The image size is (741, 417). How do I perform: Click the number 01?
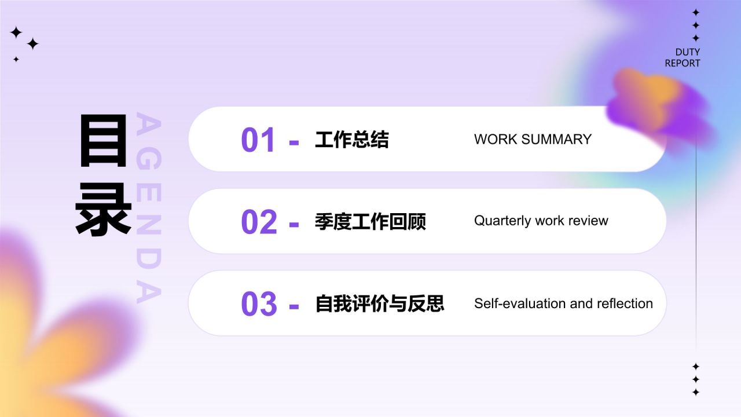pyautogui.click(x=259, y=140)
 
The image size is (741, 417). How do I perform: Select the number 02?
pyautogui.click(x=259, y=222)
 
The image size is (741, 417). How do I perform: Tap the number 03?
pyautogui.click(x=259, y=304)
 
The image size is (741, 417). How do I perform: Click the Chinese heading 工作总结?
pyautogui.click(x=351, y=140)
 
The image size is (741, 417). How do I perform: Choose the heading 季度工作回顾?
pyautogui.click(x=370, y=221)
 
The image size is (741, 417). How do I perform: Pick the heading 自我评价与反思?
pyautogui.click(x=379, y=303)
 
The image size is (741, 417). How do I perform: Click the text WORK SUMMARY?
pyautogui.click(x=533, y=140)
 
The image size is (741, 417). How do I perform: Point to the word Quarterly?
pyautogui.click(x=502, y=221)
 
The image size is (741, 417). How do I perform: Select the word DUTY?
pyautogui.click(x=687, y=52)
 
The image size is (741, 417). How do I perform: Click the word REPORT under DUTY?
pyautogui.click(x=682, y=63)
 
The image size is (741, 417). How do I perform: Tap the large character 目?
pyautogui.click(x=103, y=140)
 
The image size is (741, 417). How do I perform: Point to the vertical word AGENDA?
pyautogui.click(x=148, y=209)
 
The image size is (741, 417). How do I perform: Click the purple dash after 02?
pyautogui.click(x=294, y=224)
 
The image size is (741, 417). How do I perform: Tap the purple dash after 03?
pyautogui.click(x=294, y=306)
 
